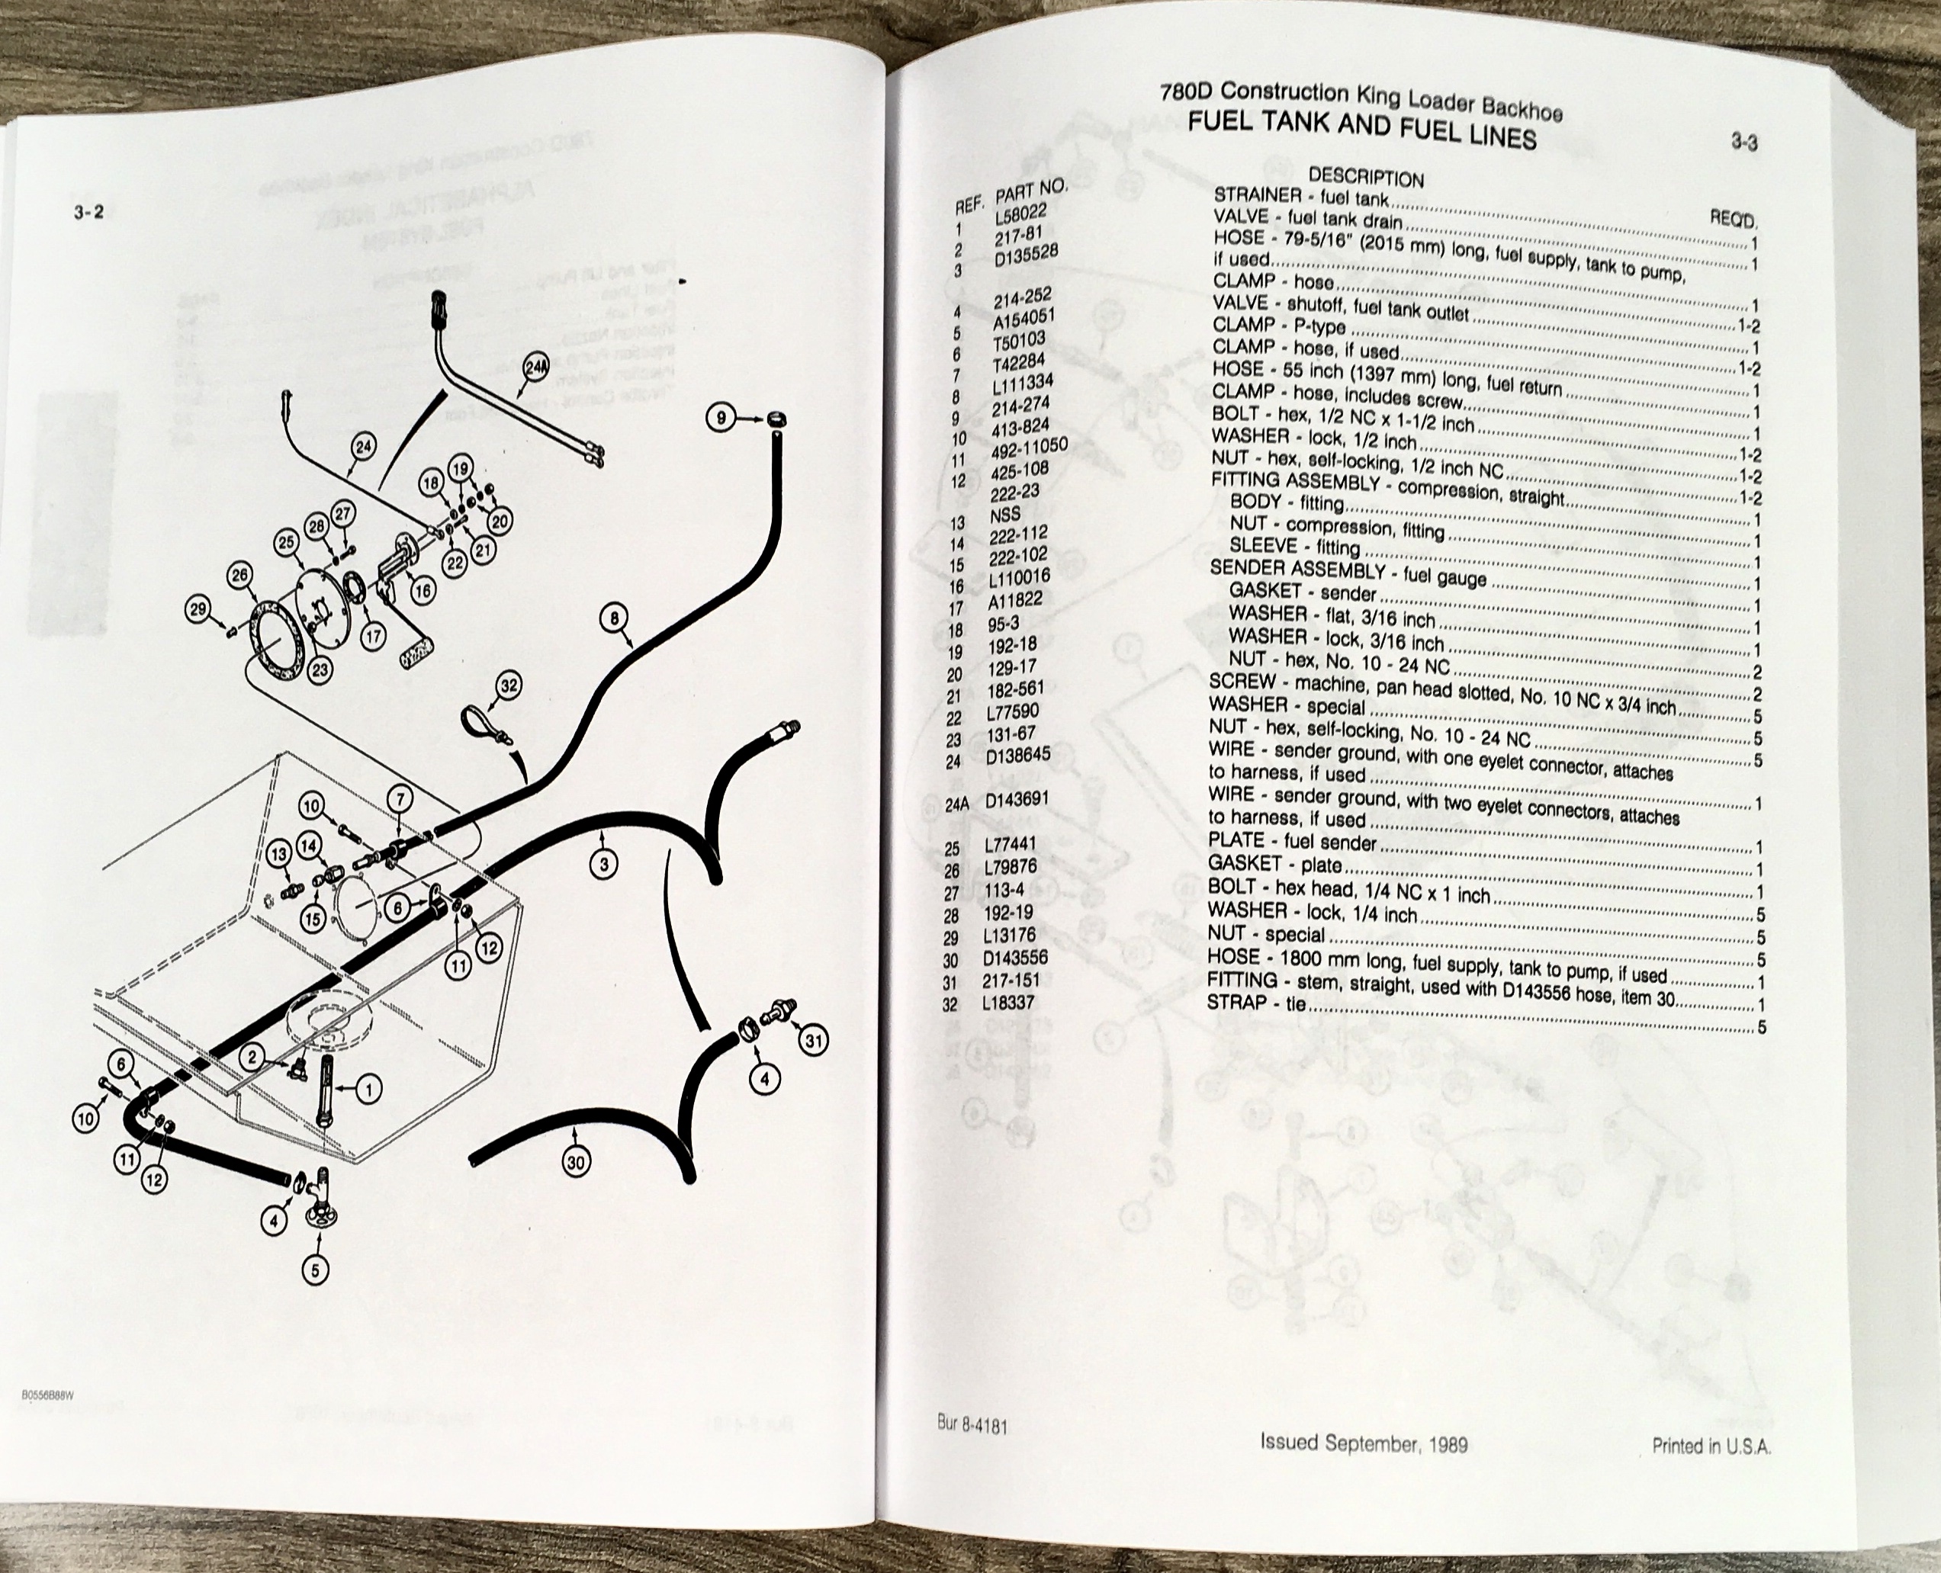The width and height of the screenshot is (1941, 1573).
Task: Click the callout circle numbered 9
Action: point(721,418)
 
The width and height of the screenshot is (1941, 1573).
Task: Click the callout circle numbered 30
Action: point(577,1161)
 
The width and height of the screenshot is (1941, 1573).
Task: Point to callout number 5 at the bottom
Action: point(315,1270)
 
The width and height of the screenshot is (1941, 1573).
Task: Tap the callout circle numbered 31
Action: point(814,1041)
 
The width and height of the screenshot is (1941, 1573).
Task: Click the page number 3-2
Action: point(88,212)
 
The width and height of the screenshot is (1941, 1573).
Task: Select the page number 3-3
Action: point(1744,141)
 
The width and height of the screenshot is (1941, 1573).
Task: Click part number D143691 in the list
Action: point(1017,799)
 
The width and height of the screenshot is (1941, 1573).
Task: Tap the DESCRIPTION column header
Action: point(1366,178)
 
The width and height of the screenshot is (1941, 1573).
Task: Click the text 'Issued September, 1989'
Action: point(1364,1443)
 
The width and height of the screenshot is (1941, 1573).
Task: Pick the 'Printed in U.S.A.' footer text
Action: point(1711,1446)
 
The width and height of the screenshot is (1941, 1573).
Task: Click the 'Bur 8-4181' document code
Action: point(972,1425)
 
